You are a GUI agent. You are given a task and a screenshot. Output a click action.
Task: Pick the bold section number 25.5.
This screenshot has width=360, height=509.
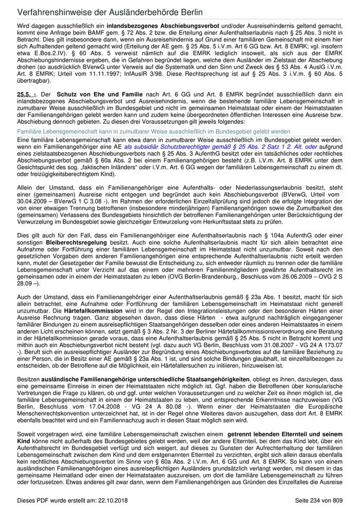tap(24, 95)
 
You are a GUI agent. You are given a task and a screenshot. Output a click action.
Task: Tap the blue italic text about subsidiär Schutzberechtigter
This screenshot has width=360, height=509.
tap(221, 147)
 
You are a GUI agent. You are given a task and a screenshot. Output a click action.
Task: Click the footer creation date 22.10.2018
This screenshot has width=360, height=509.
tap(109, 500)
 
